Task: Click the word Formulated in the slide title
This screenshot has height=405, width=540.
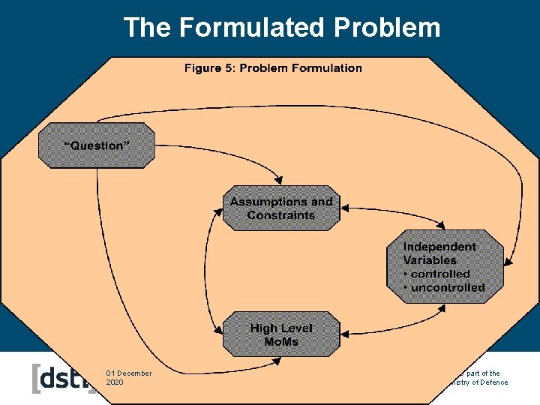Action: coord(251,27)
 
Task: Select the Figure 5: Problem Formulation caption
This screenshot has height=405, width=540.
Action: coord(273,68)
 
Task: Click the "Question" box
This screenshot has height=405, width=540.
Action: coord(97,145)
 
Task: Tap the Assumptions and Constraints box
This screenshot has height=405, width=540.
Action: coord(281,208)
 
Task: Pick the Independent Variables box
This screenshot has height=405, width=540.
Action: coord(445,267)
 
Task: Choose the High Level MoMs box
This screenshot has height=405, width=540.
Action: coord(281,334)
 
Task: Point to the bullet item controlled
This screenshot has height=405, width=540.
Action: coord(439,274)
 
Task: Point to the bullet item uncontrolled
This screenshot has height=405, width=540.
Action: coord(447,287)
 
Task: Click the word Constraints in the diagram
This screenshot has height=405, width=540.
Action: coord(281,215)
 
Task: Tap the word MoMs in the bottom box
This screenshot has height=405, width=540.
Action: coord(281,342)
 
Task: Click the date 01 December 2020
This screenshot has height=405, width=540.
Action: coord(128,377)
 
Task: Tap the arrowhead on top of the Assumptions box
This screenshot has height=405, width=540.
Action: coord(279,181)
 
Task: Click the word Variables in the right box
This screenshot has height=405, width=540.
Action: coord(430,260)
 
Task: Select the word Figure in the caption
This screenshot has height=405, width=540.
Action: coord(202,68)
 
